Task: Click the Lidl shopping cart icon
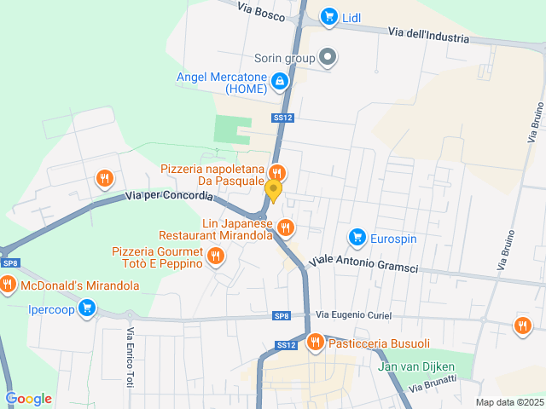pos(328,16)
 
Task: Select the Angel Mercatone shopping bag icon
pos(279,82)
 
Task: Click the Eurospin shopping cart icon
pos(357,237)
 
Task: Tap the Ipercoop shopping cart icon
pos(86,308)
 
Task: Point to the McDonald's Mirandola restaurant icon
pos(9,285)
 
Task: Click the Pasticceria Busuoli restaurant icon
pos(315,343)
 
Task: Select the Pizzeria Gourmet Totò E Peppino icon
pos(216,255)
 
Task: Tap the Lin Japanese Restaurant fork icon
pos(285,228)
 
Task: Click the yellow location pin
pos(273,189)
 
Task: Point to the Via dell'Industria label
pos(428,37)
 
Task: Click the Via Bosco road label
pos(261,9)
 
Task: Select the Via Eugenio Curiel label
pos(354,315)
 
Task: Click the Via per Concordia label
pos(169,196)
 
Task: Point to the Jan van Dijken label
pos(417,368)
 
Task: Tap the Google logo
pos(28,398)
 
